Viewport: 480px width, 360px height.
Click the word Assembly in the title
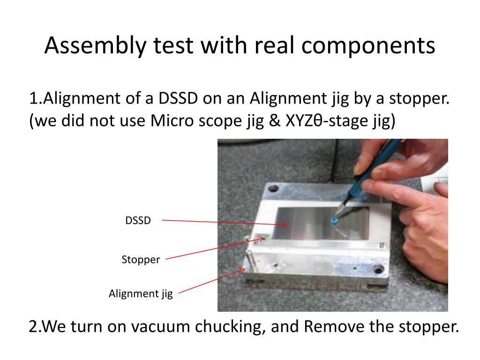95,46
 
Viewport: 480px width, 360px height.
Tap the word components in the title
368,46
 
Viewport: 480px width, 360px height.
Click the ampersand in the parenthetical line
274,121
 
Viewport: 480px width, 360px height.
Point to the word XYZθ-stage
327,121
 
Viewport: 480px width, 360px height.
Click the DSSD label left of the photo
138,220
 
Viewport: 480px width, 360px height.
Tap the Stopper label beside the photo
141,260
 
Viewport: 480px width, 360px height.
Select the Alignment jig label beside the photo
141,294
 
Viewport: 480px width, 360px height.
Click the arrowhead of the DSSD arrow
285,225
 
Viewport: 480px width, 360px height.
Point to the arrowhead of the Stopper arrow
261,239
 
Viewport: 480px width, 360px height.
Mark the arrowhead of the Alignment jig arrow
242,270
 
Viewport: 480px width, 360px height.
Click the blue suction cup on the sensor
334,220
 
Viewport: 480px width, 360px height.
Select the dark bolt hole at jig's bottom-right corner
379,270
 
